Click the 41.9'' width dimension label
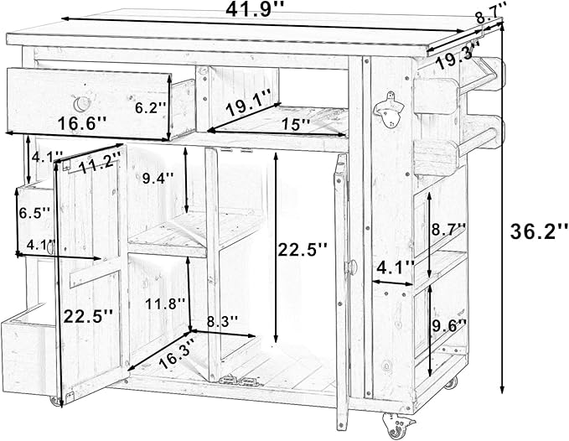254,10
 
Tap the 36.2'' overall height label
539,231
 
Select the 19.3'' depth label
457,56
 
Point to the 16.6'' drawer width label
82,123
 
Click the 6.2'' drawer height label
151,108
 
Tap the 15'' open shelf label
296,124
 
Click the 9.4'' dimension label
158,179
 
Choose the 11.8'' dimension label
165,304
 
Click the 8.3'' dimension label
222,321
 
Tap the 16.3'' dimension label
178,351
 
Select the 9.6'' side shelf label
449,325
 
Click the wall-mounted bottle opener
389,109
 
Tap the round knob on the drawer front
81,104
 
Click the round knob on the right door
352,267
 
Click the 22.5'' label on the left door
88,317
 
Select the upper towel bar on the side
479,75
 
